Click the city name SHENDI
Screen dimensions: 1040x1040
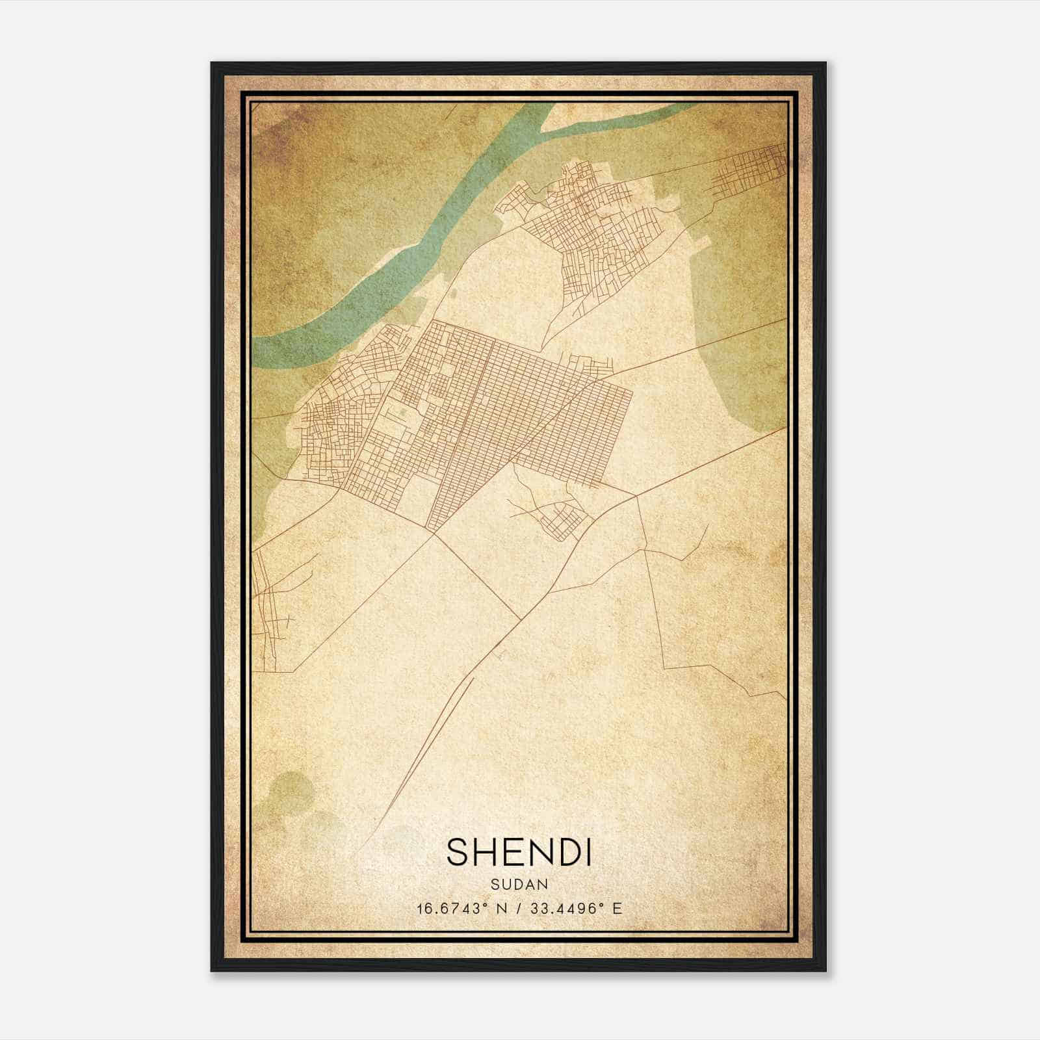point(519,851)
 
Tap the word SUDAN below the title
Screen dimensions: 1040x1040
point(519,885)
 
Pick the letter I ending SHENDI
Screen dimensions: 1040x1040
point(588,851)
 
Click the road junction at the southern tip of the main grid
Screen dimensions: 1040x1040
point(433,534)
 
